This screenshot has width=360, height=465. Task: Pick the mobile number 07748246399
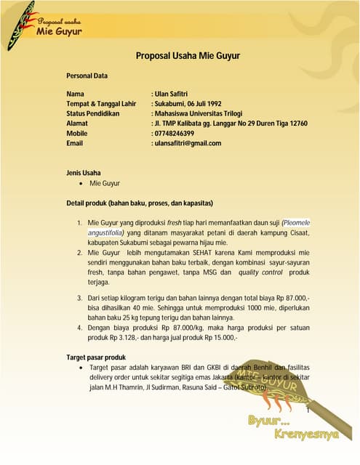coord(174,134)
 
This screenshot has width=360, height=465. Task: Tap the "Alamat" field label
coord(76,124)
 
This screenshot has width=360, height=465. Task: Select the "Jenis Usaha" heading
coord(84,172)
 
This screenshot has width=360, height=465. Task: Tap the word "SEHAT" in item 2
coord(202,251)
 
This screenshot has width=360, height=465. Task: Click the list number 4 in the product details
coord(79,328)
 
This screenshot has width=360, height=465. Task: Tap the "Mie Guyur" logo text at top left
coord(59,31)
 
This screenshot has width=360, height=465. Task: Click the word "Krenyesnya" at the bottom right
coord(307,434)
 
